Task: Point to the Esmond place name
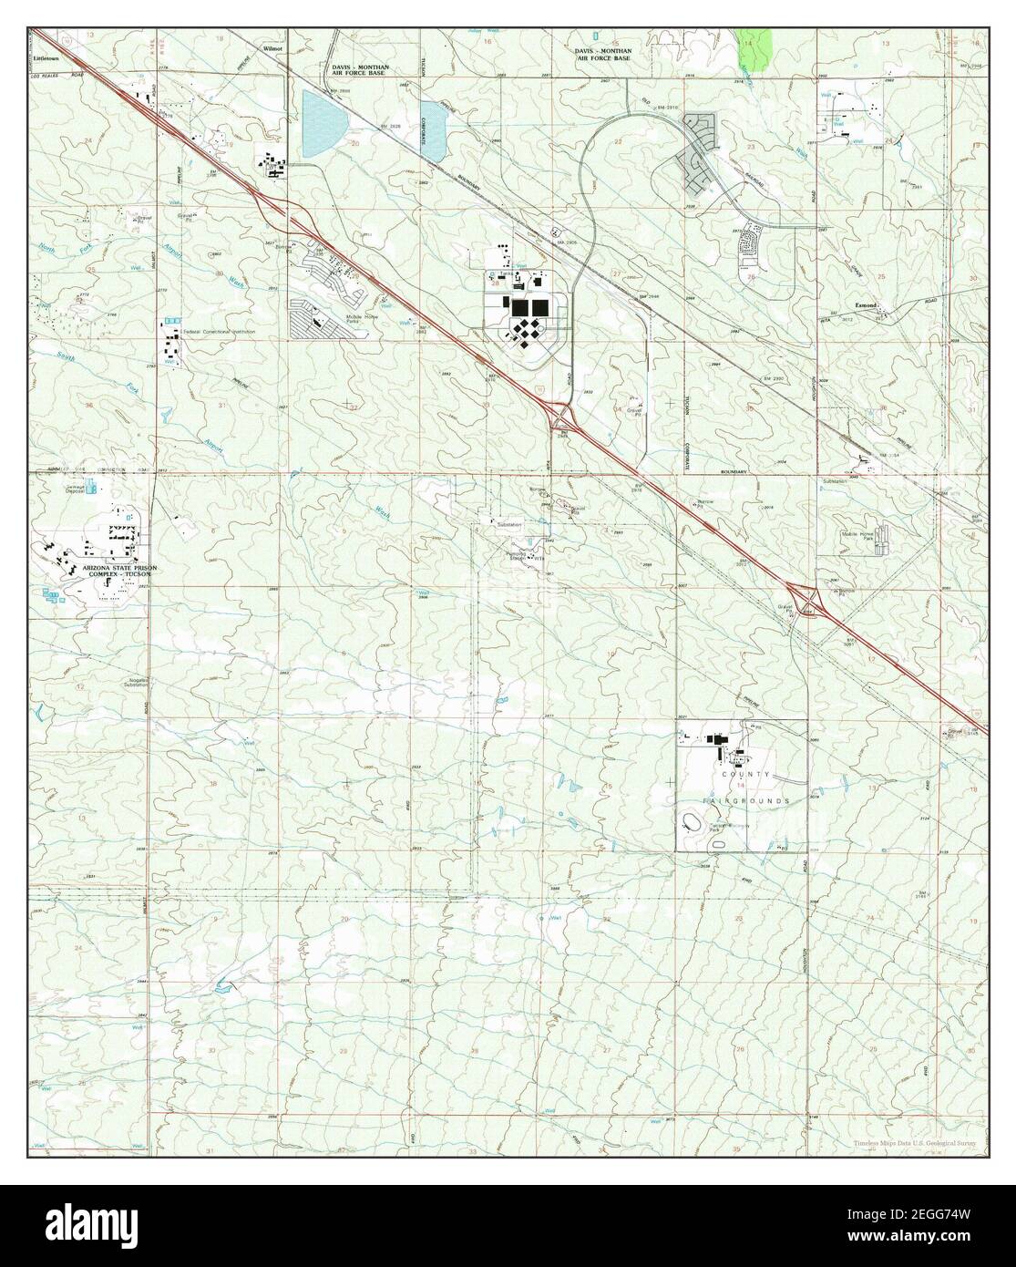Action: click(867, 305)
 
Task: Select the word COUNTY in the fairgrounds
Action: click(739, 774)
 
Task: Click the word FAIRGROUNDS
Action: click(744, 799)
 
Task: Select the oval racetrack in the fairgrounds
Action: click(690, 824)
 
